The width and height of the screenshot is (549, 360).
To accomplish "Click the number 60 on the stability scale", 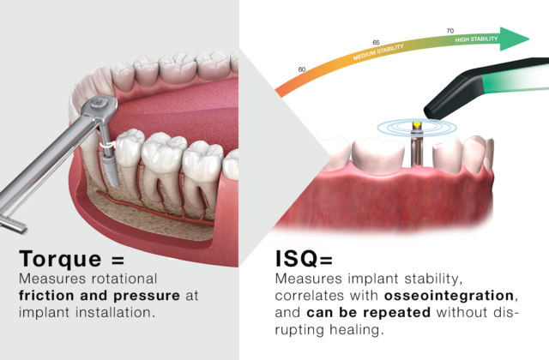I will (x=301, y=69).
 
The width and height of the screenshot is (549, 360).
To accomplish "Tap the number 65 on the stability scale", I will (x=376, y=42).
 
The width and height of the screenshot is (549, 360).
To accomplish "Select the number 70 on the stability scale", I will (x=450, y=31).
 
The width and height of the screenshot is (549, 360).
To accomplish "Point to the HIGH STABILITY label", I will (x=476, y=39).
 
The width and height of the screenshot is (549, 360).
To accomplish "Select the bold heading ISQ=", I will (x=305, y=258).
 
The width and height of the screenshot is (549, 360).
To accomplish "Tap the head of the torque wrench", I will (x=95, y=109).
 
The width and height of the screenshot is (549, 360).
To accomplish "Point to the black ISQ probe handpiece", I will (x=480, y=87).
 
